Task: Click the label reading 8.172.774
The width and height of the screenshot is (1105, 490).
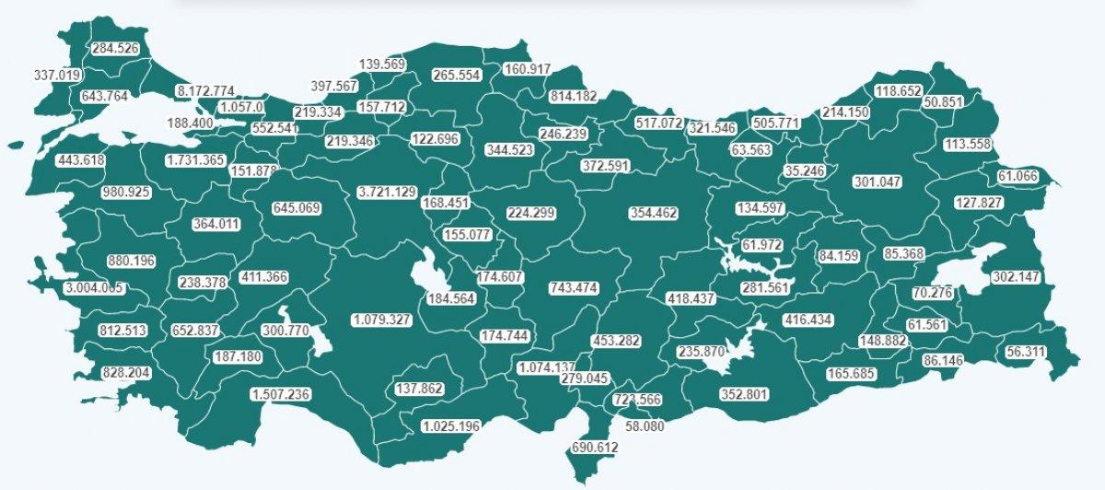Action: click(204, 91)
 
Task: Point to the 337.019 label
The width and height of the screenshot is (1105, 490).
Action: click(56, 75)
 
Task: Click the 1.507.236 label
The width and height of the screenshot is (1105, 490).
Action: click(280, 394)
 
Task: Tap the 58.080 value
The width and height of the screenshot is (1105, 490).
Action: click(645, 427)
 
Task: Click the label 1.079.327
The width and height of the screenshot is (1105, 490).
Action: click(381, 320)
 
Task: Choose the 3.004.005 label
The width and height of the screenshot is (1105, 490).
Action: click(94, 288)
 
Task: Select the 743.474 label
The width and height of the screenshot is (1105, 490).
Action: click(573, 288)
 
